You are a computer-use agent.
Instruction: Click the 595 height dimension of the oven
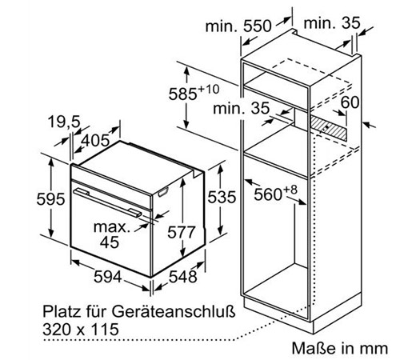(50, 199)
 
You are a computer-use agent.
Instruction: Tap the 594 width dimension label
(108, 277)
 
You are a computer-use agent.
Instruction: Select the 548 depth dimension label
(183, 277)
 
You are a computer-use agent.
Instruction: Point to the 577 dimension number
(182, 232)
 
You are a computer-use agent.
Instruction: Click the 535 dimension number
(222, 198)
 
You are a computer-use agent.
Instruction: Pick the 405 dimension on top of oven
(95, 140)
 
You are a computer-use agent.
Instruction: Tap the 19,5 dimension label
(64, 122)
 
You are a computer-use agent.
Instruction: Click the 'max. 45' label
(111, 234)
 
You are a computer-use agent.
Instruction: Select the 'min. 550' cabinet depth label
(238, 26)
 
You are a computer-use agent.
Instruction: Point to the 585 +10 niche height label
(194, 93)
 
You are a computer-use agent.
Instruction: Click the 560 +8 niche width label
(275, 193)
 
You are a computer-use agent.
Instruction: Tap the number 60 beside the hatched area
(350, 102)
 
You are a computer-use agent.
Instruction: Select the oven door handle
(107, 202)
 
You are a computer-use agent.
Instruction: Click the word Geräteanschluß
(174, 311)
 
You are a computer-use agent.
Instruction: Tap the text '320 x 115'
(81, 329)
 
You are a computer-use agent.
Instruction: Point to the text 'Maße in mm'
(340, 348)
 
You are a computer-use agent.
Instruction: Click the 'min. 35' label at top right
(332, 23)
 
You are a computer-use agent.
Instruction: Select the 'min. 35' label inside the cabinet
(242, 109)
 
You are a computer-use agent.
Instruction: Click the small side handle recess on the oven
(163, 192)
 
